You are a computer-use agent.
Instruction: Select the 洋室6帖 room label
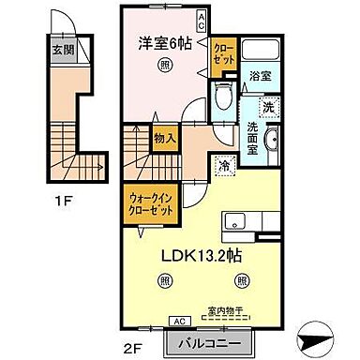click(166, 41)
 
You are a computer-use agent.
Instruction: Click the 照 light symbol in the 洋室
click(165, 65)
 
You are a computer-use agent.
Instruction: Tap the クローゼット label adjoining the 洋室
click(224, 52)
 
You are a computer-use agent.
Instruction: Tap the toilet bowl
click(221, 95)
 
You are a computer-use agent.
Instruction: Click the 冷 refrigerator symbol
click(224, 165)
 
